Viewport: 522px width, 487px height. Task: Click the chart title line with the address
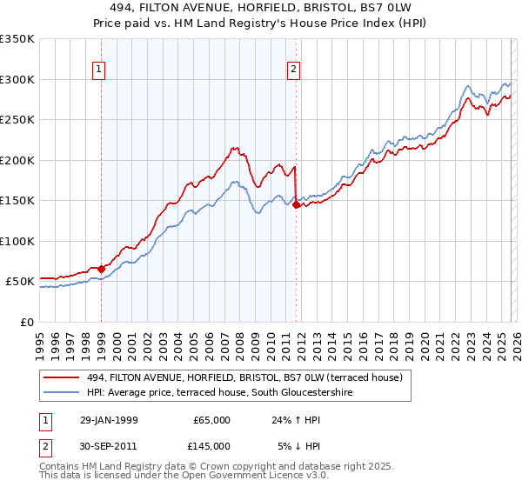260,8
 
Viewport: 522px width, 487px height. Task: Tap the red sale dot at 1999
102,269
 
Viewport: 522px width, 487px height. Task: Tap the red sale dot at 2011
297,205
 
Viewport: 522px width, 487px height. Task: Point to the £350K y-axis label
17,39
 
